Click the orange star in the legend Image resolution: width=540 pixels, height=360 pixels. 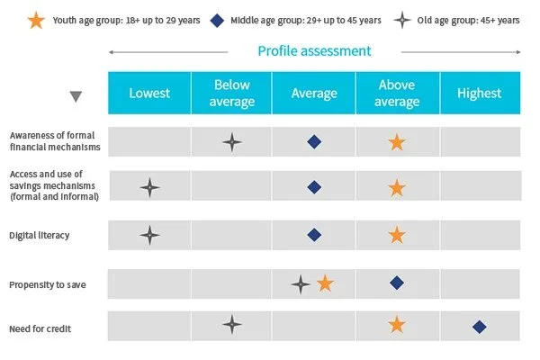coord(36,21)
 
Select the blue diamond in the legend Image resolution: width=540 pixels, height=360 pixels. coord(217,21)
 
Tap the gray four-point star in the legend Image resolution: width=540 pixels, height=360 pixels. coord(402,20)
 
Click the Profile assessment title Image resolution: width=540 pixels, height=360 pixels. coord(314,51)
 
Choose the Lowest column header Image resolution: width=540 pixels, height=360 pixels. coord(149,93)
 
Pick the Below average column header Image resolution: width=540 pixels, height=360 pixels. coord(232,93)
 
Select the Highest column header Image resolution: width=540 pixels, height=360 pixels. coord(480,93)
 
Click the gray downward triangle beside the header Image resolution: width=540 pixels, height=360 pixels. coord(76,96)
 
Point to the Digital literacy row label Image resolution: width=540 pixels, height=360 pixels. coord(40,235)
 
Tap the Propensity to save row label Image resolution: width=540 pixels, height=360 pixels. coord(48,285)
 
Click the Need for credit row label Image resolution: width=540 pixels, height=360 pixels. coord(40,328)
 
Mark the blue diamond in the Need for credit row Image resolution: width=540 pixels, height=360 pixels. coord(480,327)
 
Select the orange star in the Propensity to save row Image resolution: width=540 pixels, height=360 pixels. coord(325,283)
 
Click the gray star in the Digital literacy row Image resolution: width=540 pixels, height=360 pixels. coord(149,235)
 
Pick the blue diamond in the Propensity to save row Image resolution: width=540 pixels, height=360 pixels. coord(397,283)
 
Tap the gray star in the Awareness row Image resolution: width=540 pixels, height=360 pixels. coord(232,142)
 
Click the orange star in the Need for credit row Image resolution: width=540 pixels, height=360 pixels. coord(397,325)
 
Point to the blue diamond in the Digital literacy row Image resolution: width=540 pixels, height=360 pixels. coord(314,235)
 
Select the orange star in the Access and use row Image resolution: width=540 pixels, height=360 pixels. coord(397,188)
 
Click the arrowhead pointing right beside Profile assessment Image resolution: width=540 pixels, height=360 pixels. coord(518,52)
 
